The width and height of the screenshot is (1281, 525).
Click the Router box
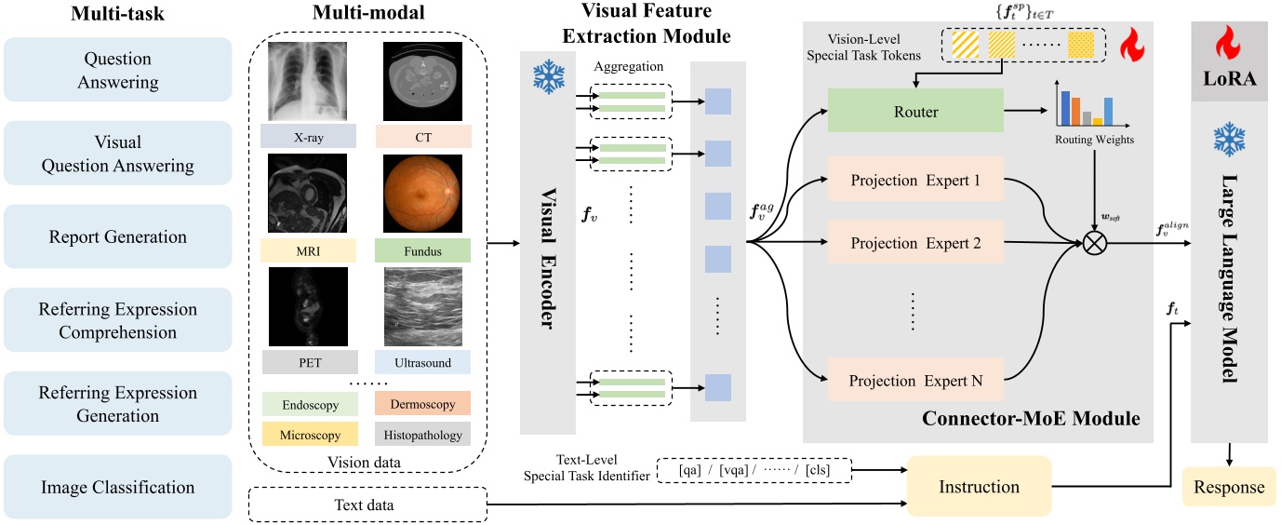914,111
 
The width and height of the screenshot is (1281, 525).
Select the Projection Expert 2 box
914,244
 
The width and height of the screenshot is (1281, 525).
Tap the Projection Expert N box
914,380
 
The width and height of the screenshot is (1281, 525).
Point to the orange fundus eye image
423,194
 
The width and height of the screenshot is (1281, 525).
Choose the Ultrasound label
423,362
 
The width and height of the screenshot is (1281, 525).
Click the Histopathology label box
423,434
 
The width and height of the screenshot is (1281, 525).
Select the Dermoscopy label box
423,405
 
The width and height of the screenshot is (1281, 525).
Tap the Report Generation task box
118,237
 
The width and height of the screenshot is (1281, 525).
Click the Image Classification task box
118,487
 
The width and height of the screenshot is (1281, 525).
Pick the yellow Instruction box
979,487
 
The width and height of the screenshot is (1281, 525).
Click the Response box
1230,487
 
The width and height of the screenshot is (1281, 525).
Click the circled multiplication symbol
1095,244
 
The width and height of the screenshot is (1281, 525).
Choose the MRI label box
308,250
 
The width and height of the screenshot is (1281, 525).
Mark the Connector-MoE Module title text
1031,419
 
